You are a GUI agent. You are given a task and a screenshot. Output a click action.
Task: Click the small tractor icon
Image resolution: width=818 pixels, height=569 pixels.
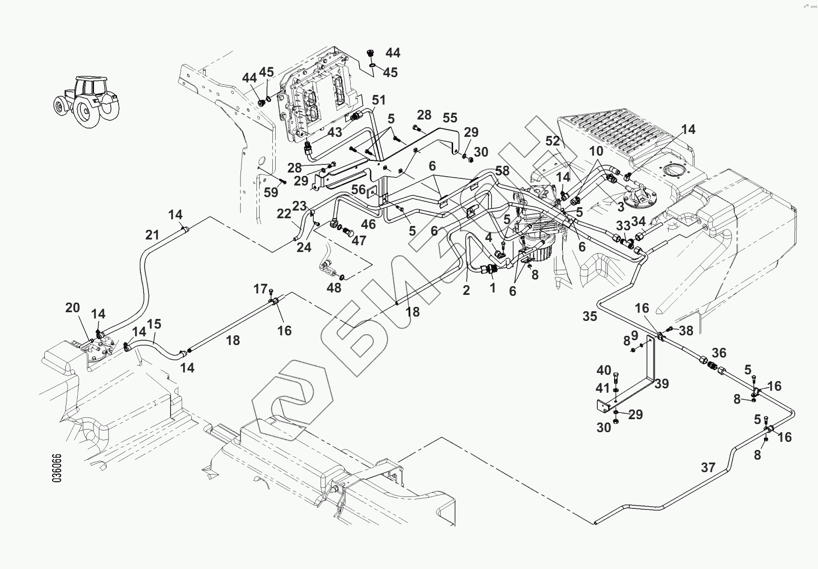(x=85, y=101)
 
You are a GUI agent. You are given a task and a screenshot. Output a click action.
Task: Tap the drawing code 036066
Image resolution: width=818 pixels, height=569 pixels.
(x=56, y=467)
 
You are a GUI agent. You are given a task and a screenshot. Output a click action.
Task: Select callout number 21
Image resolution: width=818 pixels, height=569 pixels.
(x=152, y=235)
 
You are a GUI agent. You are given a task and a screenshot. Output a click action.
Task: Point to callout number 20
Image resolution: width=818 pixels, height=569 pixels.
(x=72, y=307)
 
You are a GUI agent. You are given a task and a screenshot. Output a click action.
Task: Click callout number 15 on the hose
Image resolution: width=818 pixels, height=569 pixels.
(x=154, y=324)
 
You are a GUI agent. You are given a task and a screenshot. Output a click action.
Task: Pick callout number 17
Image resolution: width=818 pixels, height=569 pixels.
(x=260, y=289)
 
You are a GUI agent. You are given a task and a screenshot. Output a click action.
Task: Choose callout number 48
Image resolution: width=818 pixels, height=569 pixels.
(x=334, y=288)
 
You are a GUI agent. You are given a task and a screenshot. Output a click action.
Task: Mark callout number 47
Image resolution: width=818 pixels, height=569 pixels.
(x=359, y=240)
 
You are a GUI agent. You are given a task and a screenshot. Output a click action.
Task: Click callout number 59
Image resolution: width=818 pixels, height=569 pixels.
(x=271, y=192)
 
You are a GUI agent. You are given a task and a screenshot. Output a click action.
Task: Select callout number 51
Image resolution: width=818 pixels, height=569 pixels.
(x=379, y=100)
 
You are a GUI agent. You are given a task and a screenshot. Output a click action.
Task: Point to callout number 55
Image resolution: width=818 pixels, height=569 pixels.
(x=450, y=118)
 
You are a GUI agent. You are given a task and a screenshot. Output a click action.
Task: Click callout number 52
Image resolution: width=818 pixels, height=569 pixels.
(x=553, y=141)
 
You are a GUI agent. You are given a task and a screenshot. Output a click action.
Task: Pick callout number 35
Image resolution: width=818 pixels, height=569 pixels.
(x=590, y=316)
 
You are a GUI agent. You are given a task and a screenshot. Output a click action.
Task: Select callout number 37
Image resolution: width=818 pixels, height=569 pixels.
(x=708, y=467)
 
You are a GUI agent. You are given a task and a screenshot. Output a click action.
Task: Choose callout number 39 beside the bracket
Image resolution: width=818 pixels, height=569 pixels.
(x=662, y=384)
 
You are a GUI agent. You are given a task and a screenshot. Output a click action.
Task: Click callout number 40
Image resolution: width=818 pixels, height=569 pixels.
(x=603, y=371)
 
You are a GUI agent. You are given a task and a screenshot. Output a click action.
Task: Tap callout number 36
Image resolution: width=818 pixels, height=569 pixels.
(x=719, y=353)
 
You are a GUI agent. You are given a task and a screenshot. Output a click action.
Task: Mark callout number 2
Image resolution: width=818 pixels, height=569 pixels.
(x=466, y=291)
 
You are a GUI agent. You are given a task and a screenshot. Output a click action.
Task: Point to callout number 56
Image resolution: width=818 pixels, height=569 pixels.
(x=358, y=190)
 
